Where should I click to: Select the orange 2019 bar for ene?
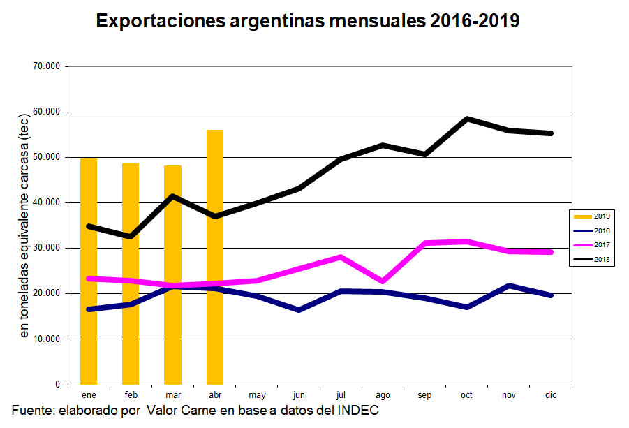(x=89, y=272)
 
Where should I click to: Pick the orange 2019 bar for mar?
(x=172, y=275)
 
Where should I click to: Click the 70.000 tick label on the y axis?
(x=47, y=66)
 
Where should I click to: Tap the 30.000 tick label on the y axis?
(x=47, y=248)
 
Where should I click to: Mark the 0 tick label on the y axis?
(x=57, y=385)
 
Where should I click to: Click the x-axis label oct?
(x=466, y=395)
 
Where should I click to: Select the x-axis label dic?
(x=551, y=395)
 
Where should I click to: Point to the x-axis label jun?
(x=299, y=395)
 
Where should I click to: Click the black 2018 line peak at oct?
(x=466, y=119)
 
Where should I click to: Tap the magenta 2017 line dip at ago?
(x=383, y=281)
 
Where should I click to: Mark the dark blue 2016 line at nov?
(x=509, y=286)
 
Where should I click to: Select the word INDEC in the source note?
(x=357, y=410)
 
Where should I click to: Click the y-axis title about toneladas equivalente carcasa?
(x=24, y=227)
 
